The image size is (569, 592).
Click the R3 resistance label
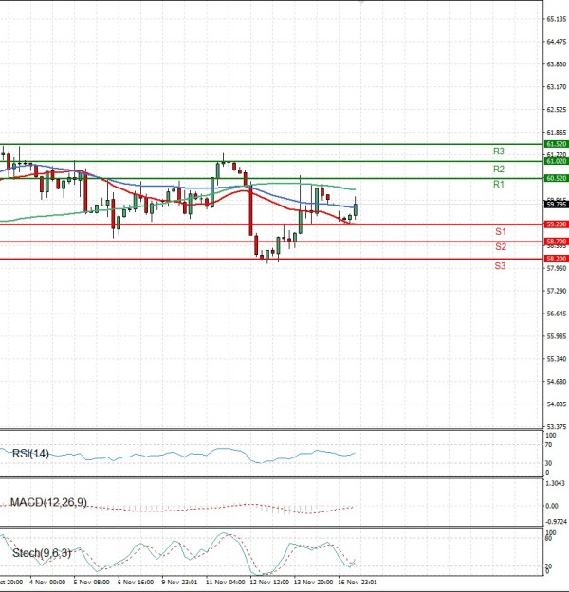[x=498, y=152]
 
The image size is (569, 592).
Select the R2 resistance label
[x=498, y=169]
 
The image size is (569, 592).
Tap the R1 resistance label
[x=498, y=184]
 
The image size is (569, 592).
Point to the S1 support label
[x=500, y=232]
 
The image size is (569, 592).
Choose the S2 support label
[x=500, y=246]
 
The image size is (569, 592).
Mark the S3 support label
[x=500, y=266]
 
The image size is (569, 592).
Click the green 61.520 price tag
[x=557, y=144]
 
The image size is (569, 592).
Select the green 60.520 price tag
[x=557, y=178]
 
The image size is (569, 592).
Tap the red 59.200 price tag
[x=557, y=224]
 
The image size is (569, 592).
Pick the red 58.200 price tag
[x=557, y=259]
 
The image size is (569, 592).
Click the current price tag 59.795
[x=557, y=204]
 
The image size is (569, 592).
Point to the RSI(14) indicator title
[x=30, y=455]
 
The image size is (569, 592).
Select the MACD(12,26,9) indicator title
[x=47, y=502]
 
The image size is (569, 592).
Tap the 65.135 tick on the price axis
[x=556, y=19]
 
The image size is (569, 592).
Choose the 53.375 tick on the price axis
[x=556, y=427]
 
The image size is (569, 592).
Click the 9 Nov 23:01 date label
[x=178, y=583]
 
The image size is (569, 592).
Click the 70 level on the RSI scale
[x=549, y=445]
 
